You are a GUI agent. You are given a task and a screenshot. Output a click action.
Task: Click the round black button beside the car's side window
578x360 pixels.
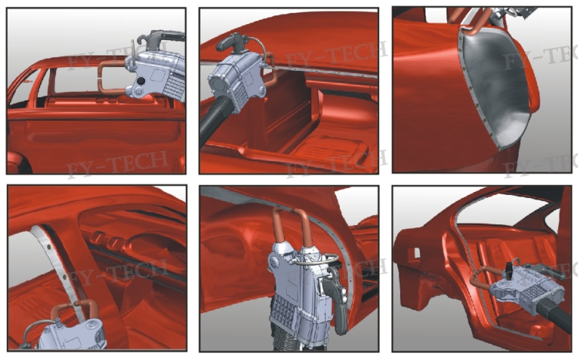[140, 80]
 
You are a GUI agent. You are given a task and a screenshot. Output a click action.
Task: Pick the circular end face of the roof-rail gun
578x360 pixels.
[218, 85]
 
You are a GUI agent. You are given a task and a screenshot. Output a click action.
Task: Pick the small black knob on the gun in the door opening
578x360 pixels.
[509, 269]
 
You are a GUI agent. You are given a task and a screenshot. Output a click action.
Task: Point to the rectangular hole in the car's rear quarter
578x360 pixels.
[417, 253]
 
